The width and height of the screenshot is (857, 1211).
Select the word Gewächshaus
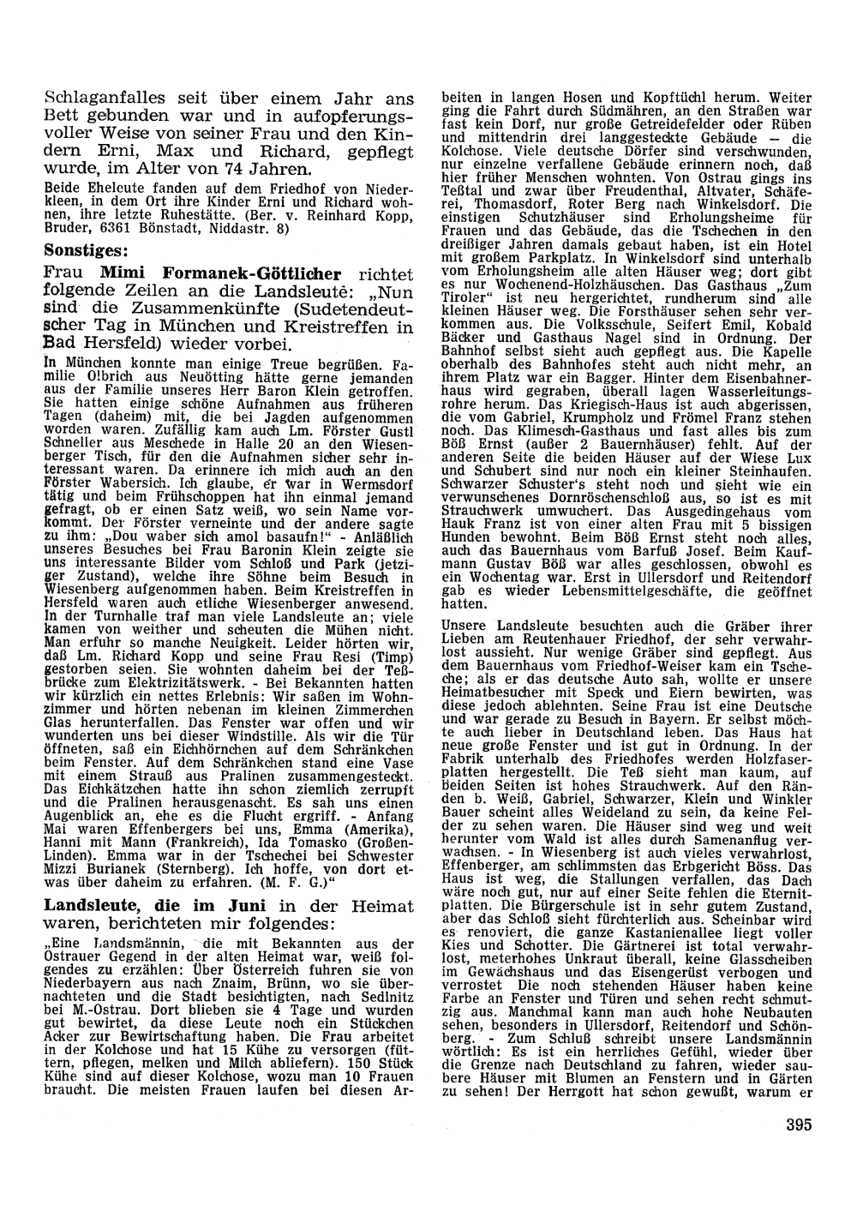(x=493, y=973)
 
